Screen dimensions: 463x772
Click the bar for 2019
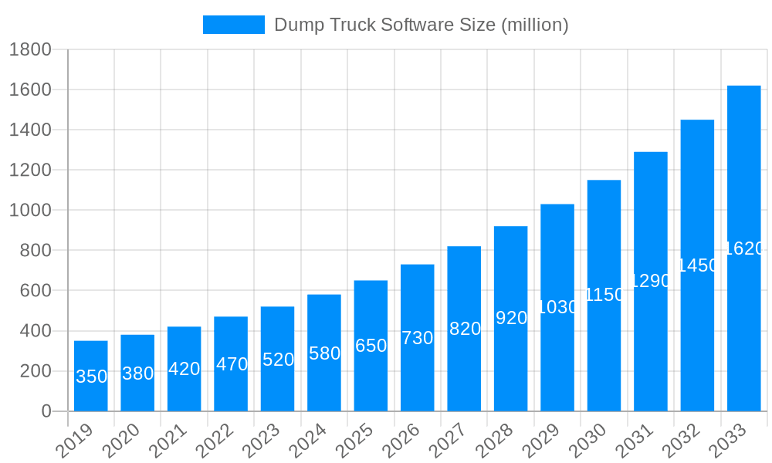point(91,376)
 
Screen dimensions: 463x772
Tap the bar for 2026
point(417,338)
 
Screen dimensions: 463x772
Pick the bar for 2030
point(604,296)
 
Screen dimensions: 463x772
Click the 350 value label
point(91,377)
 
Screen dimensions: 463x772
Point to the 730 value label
point(417,338)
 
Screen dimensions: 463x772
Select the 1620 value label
point(744,248)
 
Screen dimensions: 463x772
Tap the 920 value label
point(511,318)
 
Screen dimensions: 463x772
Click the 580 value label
point(324,353)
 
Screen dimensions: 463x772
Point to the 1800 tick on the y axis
point(30,50)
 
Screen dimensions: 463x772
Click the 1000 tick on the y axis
point(30,211)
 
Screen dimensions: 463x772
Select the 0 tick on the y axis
point(46,412)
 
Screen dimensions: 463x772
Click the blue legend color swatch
point(233,25)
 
